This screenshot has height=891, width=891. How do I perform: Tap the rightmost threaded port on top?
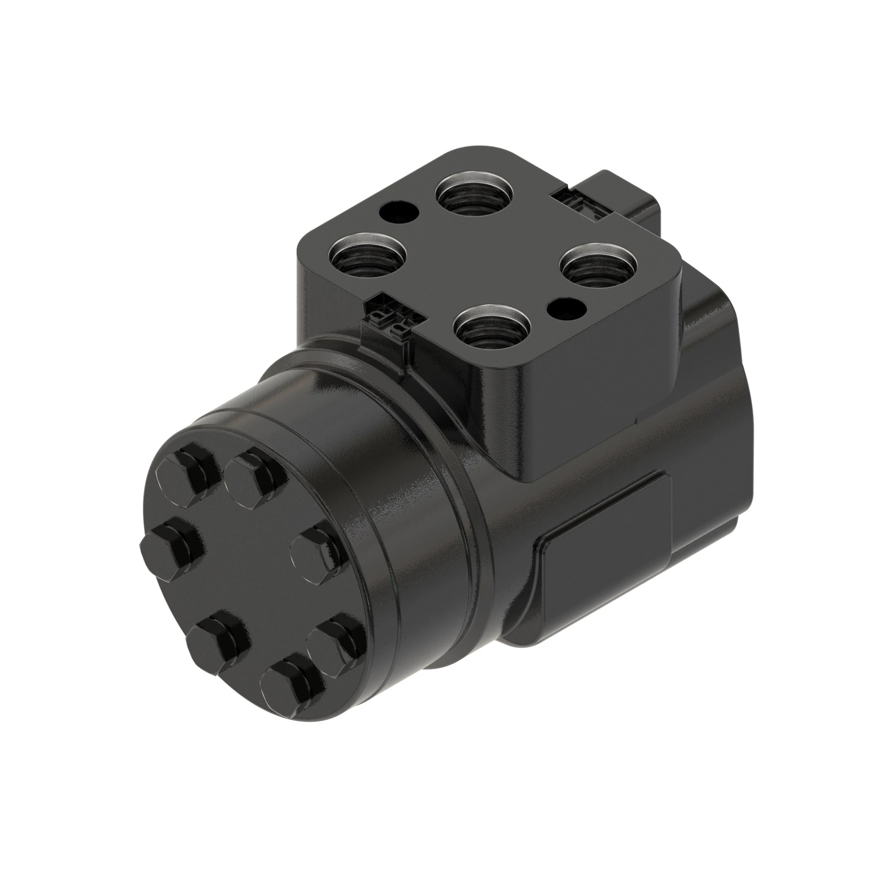599,266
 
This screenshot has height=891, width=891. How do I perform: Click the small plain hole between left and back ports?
399,212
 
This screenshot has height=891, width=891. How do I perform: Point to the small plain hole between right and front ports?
566,307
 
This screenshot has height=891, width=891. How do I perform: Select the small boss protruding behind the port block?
627,194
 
